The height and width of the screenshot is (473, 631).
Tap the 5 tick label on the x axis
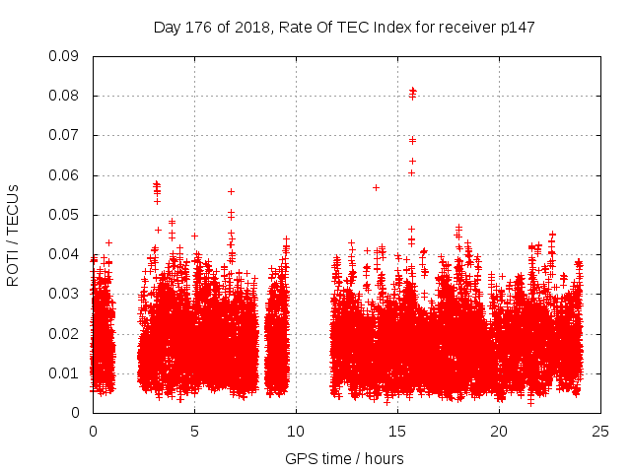[194, 431]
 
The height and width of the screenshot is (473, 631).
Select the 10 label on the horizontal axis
[296, 431]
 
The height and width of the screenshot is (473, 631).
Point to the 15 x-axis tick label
[397, 431]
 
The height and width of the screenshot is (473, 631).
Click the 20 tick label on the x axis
[499, 431]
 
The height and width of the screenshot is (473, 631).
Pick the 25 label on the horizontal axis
[600, 431]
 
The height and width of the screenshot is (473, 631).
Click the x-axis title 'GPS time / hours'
[344, 458]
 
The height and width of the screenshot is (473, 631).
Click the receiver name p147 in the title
[516, 28]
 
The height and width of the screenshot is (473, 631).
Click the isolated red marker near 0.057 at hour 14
[376, 187]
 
